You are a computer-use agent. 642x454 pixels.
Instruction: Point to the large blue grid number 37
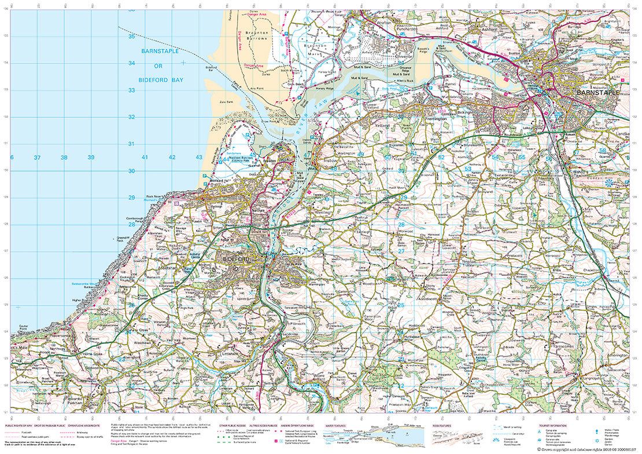tap(37, 158)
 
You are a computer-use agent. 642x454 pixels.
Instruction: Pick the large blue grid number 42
tap(172, 158)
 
